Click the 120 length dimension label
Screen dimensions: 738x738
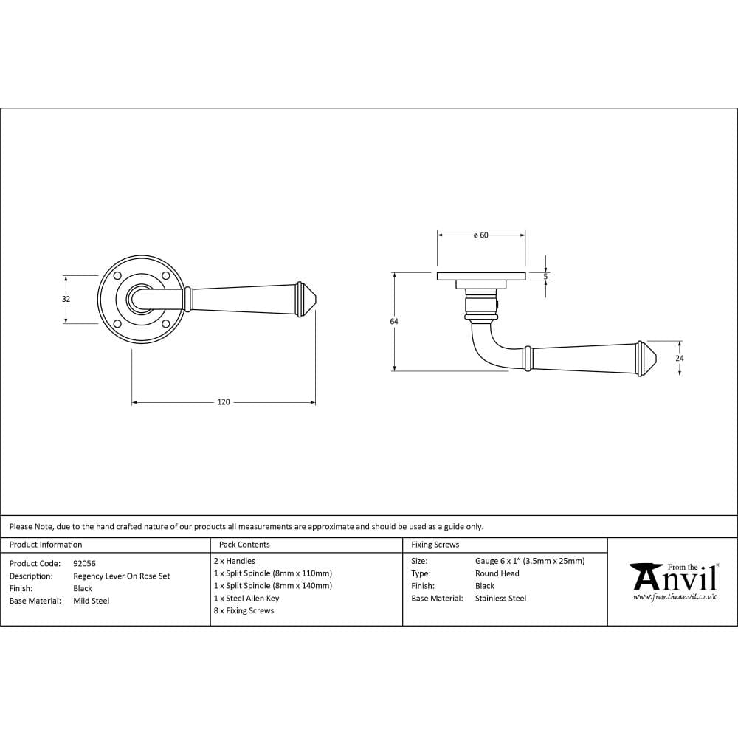point(224,402)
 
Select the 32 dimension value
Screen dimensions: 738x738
point(66,299)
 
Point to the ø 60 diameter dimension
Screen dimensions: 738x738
point(480,235)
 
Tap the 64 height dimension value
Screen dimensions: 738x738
point(394,322)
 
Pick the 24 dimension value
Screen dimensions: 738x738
point(680,358)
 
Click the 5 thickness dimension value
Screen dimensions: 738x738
point(546,276)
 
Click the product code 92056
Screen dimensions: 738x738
point(84,563)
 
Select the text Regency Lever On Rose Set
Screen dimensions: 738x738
point(121,576)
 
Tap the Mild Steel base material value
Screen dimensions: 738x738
point(92,601)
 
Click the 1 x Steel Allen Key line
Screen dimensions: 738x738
point(246,599)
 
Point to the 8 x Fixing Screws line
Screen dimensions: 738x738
point(244,611)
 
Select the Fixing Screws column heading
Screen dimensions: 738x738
point(435,545)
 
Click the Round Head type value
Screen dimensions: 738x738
point(497,573)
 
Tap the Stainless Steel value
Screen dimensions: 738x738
point(500,599)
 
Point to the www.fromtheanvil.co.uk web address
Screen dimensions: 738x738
point(675,596)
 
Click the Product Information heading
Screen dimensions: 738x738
point(46,545)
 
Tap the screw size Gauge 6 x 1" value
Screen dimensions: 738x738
point(530,561)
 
